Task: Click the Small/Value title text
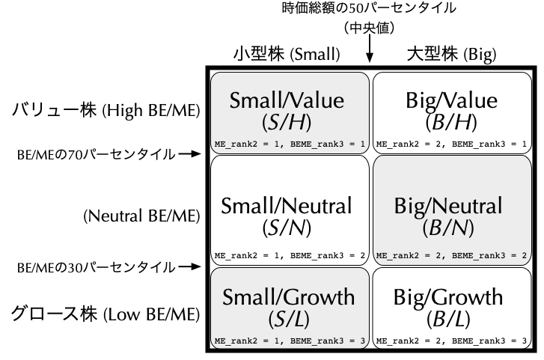[x=287, y=100]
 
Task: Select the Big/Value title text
[x=452, y=100]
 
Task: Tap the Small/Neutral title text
[x=287, y=206]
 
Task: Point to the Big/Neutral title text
[x=448, y=206]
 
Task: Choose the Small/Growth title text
[x=289, y=297]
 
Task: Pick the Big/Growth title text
[x=448, y=298]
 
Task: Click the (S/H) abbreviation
[x=287, y=122]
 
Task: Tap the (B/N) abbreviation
[x=448, y=228]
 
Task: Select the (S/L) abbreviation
[x=289, y=320]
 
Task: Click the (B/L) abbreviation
[x=448, y=320]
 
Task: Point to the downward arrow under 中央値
[x=370, y=49]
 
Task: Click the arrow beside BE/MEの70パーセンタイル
[x=190, y=153]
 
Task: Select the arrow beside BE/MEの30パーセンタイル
[x=190, y=266]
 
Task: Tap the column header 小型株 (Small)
[x=287, y=54]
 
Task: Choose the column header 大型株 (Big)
[x=451, y=54]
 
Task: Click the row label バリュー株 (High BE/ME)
[x=106, y=110]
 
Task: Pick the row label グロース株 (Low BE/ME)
[x=106, y=314]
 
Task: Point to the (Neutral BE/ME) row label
[x=142, y=216]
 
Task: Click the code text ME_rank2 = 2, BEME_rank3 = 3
[x=451, y=341]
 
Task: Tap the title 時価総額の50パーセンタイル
[x=369, y=8]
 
